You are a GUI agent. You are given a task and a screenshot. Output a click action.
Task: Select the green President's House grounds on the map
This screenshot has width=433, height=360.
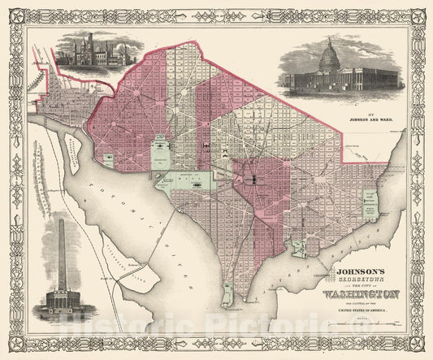(162, 151)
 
